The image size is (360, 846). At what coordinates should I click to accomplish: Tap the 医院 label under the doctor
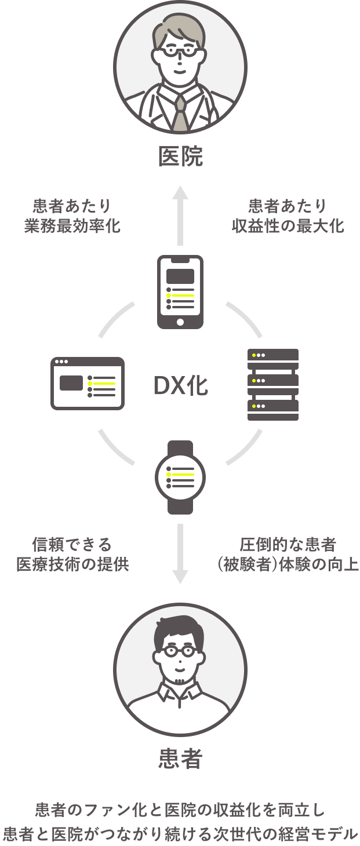[x=180, y=156]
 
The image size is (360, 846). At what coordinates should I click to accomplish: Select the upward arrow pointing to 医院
[x=180, y=215]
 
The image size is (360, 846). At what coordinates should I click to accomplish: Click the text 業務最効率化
[x=72, y=225]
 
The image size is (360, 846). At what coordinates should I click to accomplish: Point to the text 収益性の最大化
[x=288, y=225]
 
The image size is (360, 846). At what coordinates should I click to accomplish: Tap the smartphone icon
[x=180, y=291]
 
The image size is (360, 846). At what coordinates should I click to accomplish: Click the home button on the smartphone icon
[x=180, y=322]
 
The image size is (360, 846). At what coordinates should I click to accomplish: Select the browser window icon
[x=88, y=383]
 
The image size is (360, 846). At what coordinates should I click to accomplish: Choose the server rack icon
[x=273, y=384]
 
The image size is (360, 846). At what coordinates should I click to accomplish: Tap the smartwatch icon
[x=180, y=477]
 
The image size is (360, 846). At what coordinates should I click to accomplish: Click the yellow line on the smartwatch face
[x=183, y=474]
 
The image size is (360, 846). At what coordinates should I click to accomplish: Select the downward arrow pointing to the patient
[x=180, y=554]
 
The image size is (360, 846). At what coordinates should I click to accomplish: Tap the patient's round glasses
[x=180, y=651]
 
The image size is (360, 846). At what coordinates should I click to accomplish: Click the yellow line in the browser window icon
[x=104, y=383]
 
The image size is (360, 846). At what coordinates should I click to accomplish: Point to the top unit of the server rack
[x=273, y=355]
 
